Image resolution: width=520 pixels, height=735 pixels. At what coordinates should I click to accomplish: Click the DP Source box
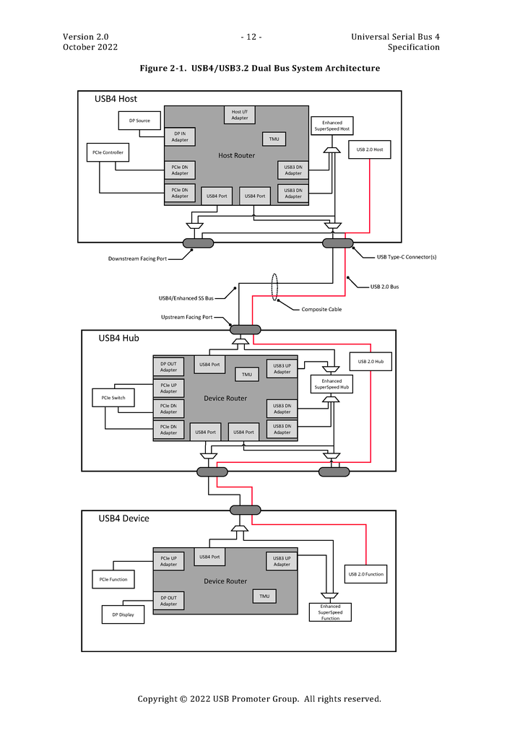[x=139, y=121]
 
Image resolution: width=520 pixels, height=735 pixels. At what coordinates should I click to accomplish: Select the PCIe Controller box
[x=108, y=152]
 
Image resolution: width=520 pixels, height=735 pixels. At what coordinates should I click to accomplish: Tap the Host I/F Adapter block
[x=240, y=115]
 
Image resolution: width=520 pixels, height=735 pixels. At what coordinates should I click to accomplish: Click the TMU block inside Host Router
[x=274, y=139]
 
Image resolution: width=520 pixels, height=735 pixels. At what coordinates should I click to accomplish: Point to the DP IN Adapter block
[x=180, y=137]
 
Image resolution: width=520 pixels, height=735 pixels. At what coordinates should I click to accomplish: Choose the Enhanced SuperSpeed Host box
[x=332, y=126]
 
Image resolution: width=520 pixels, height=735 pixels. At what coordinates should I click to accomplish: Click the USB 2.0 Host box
[x=370, y=149]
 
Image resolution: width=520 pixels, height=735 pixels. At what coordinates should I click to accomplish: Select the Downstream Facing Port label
[x=137, y=258]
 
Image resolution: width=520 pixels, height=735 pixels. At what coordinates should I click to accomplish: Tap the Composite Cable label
[x=321, y=309]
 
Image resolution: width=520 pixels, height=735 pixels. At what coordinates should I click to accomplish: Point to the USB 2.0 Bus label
[x=384, y=287]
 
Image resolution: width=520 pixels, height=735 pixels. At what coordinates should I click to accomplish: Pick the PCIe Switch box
[x=113, y=398]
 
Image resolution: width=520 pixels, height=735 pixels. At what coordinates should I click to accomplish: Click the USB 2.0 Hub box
[x=370, y=362]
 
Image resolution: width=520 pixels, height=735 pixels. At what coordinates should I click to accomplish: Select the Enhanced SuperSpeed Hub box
[x=331, y=384]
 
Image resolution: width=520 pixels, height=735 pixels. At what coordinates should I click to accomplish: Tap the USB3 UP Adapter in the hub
[x=282, y=368]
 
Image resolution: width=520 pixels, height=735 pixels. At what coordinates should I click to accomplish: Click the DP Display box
[x=123, y=614]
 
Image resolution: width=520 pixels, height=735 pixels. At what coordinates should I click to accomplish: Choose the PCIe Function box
[x=113, y=579]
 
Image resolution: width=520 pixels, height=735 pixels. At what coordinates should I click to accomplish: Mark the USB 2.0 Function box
[x=365, y=574]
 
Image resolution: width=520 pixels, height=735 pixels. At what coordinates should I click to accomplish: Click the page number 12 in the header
[x=251, y=37]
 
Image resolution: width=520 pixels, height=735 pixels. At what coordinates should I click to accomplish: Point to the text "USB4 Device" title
[x=123, y=518]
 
